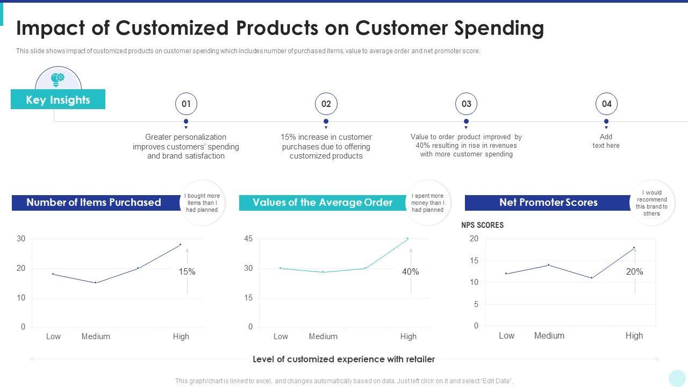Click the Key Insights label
pos(58,100)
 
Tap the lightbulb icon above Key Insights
pos(58,80)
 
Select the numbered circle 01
pos(186,104)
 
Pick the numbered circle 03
pos(466,104)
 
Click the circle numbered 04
pos(606,104)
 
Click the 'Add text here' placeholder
pos(606,141)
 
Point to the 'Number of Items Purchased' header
pos(94,203)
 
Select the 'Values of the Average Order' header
pos(322,203)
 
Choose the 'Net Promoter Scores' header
pos(548,203)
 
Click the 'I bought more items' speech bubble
pos(202,203)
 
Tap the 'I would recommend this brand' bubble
pos(651,203)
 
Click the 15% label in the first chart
pos(187,272)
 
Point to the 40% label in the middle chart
pos(410,272)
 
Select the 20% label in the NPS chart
pos(634,272)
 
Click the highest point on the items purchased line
pos(180,245)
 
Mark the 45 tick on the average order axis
pos(248,239)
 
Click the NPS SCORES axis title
pos(482,225)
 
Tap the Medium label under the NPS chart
pos(549,335)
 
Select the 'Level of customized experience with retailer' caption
pos(343,359)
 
